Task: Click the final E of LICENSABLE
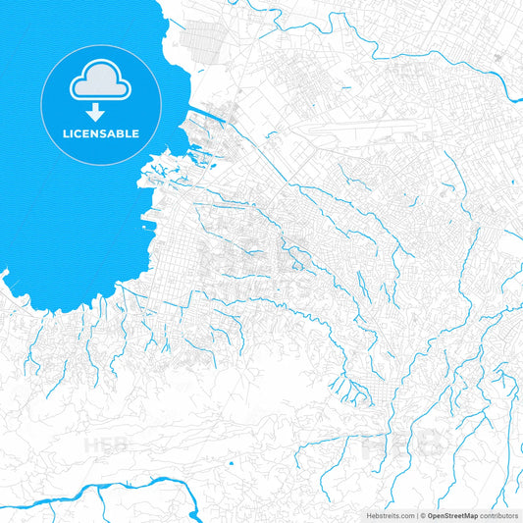pos(135,133)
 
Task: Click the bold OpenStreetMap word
pos(451,514)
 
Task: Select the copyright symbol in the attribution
pos(423,514)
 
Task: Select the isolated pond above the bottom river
pos(230,462)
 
